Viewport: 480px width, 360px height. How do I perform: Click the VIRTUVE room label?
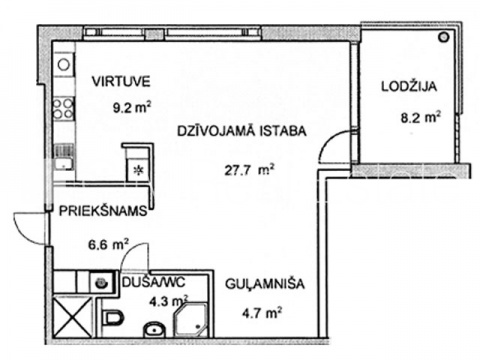tap(121, 82)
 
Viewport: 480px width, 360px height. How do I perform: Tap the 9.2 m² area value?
tap(132, 108)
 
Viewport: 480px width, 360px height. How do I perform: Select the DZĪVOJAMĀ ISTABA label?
tap(242, 131)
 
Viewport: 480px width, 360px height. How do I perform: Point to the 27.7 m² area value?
tap(249, 170)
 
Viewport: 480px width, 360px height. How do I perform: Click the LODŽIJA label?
tap(409, 87)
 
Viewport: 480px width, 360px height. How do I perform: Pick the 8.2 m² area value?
tap(420, 117)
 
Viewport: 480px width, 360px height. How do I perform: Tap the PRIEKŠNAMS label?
tap(103, 211)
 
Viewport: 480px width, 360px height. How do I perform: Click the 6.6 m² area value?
tap(108, 245)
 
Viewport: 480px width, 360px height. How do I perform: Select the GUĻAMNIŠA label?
tap(265, 284)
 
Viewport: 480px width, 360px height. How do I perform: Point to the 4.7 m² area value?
tap(262, 313)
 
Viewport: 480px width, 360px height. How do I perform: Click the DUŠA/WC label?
tap(154, 283)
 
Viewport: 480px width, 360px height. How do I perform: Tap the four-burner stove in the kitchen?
tap(63, 109)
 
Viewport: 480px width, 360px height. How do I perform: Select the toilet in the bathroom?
tap(113, 317)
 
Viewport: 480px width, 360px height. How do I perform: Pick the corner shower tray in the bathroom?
tap(191, 318)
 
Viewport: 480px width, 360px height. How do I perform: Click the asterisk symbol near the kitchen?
tap(138, 171)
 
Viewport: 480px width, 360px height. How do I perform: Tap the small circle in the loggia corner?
tap(443, 37)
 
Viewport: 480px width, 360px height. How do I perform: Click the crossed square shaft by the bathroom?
tap(72, 316)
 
